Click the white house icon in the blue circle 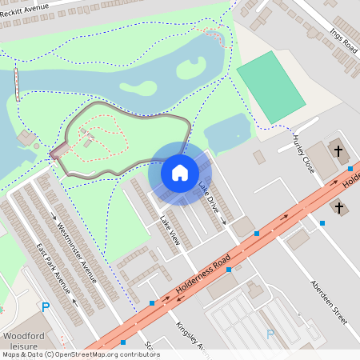point(180,172)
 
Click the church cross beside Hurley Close point(338,150)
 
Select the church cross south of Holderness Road point(338,208)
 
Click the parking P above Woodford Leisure point(46,307)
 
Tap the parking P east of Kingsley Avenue point(270,334)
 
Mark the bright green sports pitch point(271,86)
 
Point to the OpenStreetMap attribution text point(80,354)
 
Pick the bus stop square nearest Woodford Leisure point(152,303)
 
